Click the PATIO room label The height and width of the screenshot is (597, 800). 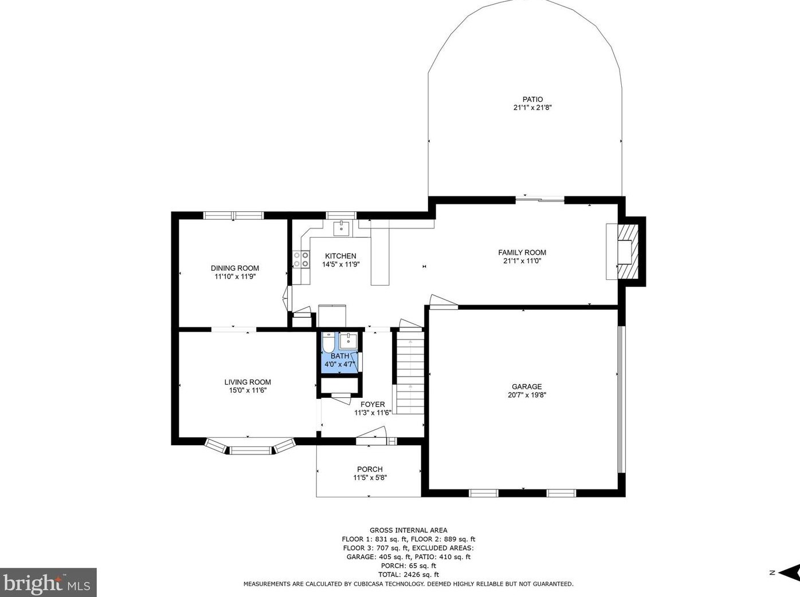click(x=532, y=100)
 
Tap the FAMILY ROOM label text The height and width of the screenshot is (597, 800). click(x=522, y=252)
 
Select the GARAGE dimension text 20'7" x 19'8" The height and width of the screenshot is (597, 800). click(x=527, y=395)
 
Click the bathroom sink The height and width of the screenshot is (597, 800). click(x=348, y=342)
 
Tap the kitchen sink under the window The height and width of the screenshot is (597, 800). click(x=342, y=228)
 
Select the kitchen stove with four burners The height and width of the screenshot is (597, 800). click(x=301, y=260)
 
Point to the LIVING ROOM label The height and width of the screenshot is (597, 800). click(x=248, y=382)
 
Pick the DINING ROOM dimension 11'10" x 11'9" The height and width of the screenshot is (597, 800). click(x=235, y=276)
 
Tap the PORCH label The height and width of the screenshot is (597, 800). click(x=370, y=469)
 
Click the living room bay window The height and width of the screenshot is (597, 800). click(x=250, y=447)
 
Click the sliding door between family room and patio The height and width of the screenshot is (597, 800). click(x=540, y=199)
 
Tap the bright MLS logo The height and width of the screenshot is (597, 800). click(x=48, y=583)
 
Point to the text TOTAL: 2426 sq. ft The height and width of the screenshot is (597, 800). click(x=409, y=575)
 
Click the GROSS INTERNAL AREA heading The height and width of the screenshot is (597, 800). click(x=409, y=531)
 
